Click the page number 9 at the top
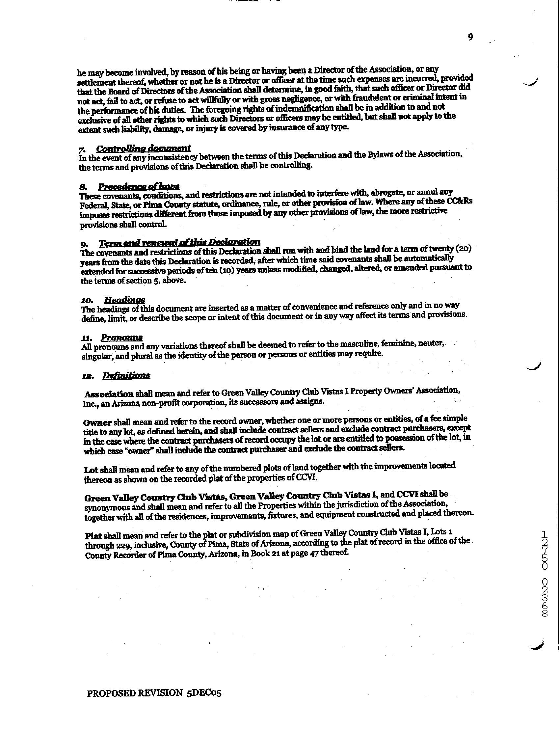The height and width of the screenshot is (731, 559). pos(470,37)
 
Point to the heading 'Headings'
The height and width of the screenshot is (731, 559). pos(124,299)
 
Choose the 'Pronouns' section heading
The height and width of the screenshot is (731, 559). pos(122,338)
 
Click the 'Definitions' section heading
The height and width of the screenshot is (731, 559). pos(126,376)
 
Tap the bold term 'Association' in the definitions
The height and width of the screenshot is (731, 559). pos(109,394)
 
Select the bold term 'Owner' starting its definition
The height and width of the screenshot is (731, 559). pos(97,423)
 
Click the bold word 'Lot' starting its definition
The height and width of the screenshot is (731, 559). pos(91,470)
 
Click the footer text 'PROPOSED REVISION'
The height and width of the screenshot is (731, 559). pos(135,693)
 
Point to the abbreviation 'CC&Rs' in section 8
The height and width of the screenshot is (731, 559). pos(461,202)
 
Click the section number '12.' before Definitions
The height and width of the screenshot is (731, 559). pos(88,376)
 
